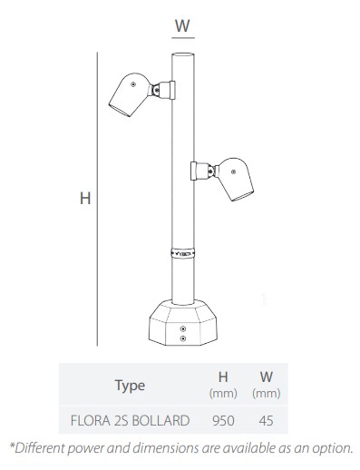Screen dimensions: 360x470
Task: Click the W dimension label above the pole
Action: click(182, 25)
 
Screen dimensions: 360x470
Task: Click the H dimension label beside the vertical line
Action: click(85, 199)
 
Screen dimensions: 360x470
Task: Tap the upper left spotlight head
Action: click(130, 94)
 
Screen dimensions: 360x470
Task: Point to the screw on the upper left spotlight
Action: click(133, 84)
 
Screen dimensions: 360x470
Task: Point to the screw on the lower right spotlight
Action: click(233, 172)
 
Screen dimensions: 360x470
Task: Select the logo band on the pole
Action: click(183, 253)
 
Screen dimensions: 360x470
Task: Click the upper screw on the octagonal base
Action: click(183, 328)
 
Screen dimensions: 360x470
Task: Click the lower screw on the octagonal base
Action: click(183, 338)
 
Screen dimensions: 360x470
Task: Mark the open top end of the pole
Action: click(183, 54)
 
